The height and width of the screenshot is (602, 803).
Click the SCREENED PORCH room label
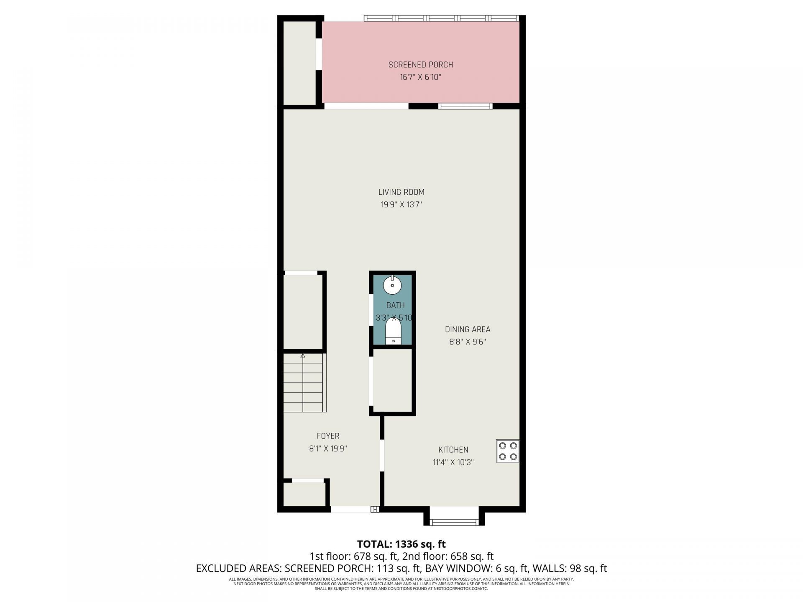[x=420, y=65]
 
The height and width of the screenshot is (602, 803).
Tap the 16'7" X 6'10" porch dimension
[x=420, y=77]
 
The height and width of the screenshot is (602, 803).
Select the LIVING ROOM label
[x=401, y=192]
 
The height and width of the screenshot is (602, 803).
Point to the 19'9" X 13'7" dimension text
[x=401, y=205]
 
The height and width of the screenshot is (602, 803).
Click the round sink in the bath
[x=393, y=286]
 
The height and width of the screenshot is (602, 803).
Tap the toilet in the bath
[x=393, y=332]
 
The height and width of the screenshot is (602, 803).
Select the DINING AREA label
[x=467, y=329]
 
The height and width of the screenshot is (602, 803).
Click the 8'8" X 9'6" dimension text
[x=467, y=342]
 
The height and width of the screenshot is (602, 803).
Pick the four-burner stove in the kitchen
[x=508, y=451]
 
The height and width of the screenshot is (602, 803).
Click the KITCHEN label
[x=453, y=450]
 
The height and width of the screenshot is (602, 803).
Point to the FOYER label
[x=328, y=436]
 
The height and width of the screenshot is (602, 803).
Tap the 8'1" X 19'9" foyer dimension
[x=328, y=449]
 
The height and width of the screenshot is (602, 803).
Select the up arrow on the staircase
[x=303, y=356]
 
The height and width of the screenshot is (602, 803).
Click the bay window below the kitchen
[x=454, y=521]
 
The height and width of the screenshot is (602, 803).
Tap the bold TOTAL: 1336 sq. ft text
[x=401, y=544]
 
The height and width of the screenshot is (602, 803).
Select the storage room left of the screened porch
[x=299, y=63]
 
